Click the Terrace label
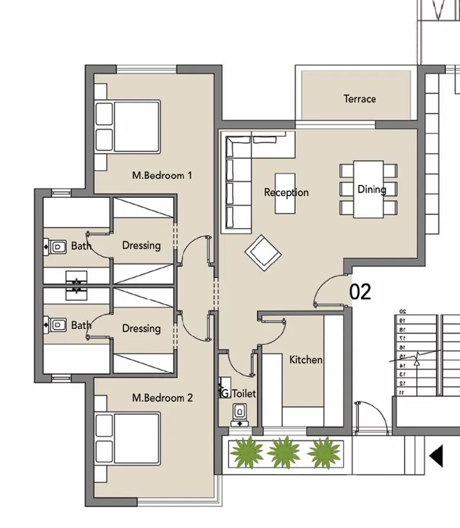[x=359, y=99]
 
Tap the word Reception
[x=286, y=193]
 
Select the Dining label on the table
[x=371, y=189]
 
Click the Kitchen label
[x=305, y=359]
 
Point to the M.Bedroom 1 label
[x=162, y=175]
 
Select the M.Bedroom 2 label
[x=162, y=397]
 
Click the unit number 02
[x=360, y=292]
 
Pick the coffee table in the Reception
[x=285, y=193]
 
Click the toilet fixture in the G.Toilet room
[x=240, y=412]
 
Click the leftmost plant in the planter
[x=246, y=453]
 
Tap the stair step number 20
[x=402, y=311]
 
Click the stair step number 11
[x=402, y=392]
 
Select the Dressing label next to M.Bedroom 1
[x=141, y=245]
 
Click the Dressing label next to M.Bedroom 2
[x=141, y=328]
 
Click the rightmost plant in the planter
[x=323, y=453]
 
